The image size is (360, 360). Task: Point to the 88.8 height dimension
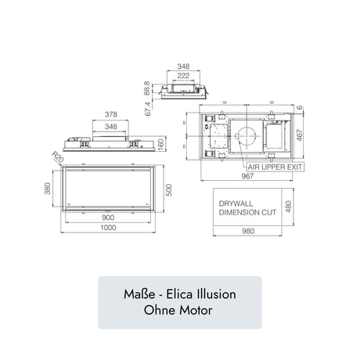tap(147, 88)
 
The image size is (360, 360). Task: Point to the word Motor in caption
tap(194, 311)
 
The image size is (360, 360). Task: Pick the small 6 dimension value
tap(302, 108)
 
